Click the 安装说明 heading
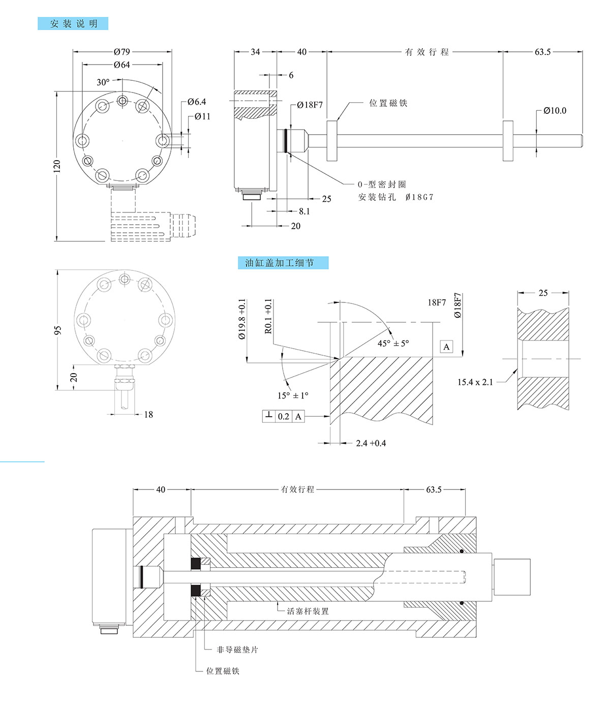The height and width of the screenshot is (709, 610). point(73,24)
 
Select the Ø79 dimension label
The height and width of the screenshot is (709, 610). point(122,51)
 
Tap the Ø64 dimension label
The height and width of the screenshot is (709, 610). point(122,65)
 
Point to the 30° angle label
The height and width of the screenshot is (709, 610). point(103,82)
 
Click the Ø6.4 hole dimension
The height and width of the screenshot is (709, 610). point(197,102)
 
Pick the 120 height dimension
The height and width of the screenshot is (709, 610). point(56,166)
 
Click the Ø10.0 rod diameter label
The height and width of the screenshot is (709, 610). point(555,110)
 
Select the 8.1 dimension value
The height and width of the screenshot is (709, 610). point(304,211)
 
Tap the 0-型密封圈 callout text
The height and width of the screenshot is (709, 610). point(382,184)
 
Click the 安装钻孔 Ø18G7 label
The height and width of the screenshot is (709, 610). point(396,197)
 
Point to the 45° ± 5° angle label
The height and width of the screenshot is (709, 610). point(393,343)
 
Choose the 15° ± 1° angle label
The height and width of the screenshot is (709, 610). point(293,395)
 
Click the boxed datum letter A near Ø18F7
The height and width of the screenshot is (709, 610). point(446,347)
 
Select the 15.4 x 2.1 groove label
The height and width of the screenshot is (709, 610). point(475,382)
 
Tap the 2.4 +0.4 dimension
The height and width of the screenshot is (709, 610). point(371,443)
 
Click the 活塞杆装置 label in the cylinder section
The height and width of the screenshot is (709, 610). point(308,611)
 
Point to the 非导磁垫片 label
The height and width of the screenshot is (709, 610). point(237,650)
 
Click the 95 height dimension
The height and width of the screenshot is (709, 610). point(58,330)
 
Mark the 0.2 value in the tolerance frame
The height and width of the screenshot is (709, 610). point(283,417)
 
